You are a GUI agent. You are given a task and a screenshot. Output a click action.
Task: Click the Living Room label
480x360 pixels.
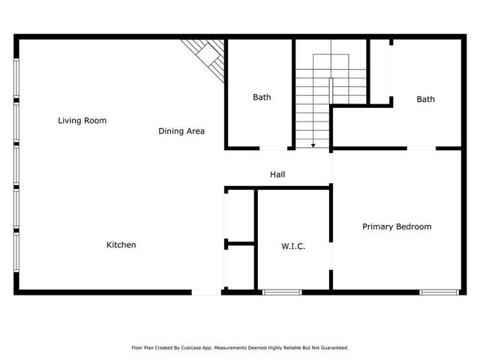coord(82,120)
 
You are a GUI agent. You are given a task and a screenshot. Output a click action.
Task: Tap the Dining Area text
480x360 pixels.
coord(181,131)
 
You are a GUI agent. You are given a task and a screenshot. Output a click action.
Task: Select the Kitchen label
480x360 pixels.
coord(121,244)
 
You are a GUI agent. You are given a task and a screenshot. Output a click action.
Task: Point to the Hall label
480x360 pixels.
coord(277,175)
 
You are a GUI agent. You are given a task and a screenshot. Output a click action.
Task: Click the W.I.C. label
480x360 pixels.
coord(293,245)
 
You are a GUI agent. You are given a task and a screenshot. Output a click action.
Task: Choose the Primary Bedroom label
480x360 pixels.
coord(397,226)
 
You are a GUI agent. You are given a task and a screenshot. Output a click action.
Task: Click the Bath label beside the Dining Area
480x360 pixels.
coord(262,97)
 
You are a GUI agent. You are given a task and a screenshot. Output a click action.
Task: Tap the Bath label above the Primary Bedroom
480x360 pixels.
coord(426,99)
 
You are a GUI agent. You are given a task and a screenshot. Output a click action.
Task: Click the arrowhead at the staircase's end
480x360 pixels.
coord(313,145)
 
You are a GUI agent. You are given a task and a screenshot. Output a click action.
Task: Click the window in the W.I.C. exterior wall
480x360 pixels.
coord(282,292)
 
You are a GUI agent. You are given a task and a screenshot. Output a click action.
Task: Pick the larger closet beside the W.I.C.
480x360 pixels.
coord(241,215)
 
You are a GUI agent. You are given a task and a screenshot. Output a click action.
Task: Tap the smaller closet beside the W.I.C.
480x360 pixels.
coord(241,267)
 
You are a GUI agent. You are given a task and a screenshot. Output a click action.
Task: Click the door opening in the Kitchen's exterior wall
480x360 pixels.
coord(207,292)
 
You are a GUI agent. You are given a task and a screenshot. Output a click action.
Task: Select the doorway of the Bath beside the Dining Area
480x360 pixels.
coord(275,148)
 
